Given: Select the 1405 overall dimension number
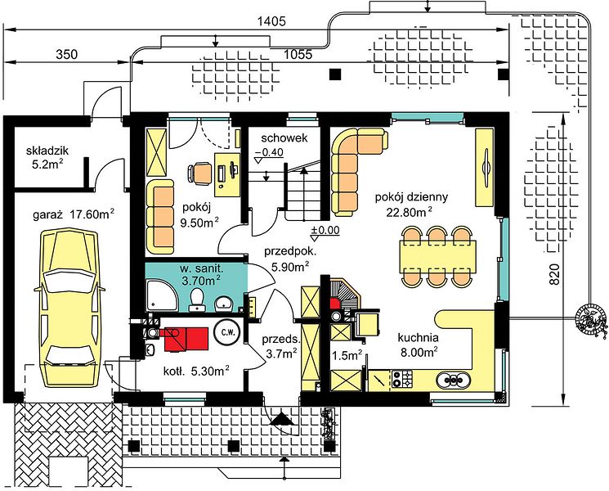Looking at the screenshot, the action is (x=271, y=21).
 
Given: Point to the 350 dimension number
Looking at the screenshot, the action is (x=67, y=55).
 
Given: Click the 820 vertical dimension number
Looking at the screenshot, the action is (x=554, y=274).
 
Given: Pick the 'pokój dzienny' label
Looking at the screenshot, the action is (x=411, y=197).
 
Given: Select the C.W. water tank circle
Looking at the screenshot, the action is (x=227, y=332).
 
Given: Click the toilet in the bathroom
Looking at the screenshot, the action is (x=198, y=300).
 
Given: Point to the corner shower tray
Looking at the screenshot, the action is (x=162, y=296).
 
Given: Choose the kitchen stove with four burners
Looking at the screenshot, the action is (x=402, y=379).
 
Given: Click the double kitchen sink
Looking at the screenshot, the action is (x=454, y=379).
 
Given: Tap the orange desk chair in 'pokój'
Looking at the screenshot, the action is (x=201, y=173).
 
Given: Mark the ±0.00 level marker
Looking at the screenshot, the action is (x=325, y=231).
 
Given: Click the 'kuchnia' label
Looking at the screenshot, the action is (x=418, y=338).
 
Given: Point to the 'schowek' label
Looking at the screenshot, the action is (x=284, y=138).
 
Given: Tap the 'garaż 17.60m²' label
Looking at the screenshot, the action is (x=74, y=214).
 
